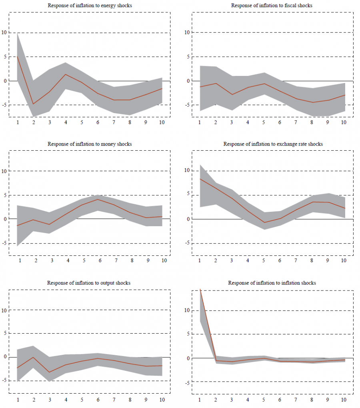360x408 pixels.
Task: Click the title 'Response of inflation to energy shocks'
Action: tap(89, 6)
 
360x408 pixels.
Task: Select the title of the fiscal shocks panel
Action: tap(272, 6)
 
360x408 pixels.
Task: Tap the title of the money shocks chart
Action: tap(90, 144)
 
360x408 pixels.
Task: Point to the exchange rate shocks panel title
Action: tap(273, 144)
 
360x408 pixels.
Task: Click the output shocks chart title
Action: tap(89, 283)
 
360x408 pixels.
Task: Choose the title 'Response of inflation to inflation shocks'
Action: tap(272, 283)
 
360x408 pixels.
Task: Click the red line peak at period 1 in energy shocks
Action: tap(18, 56)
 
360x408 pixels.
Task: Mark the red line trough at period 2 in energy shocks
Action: tap(34, 104)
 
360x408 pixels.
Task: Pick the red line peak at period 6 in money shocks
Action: tap(98, 199)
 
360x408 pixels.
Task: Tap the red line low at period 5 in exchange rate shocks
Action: tap(264, 223)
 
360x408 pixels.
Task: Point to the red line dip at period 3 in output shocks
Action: tap(49, 372)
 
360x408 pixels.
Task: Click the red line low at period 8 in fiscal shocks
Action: tap(312, 102)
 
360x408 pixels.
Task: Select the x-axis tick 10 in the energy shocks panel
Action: tap(162, 122)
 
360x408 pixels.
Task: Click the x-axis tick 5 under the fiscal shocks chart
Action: tap(264, 122)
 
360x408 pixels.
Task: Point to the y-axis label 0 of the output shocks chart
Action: tap(5, 357)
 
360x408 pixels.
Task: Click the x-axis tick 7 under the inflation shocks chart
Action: tap(296, 400)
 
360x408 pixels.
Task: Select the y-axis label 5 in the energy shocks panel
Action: tap(5, 57)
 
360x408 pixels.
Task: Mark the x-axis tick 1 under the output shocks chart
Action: tap(18, 400)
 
